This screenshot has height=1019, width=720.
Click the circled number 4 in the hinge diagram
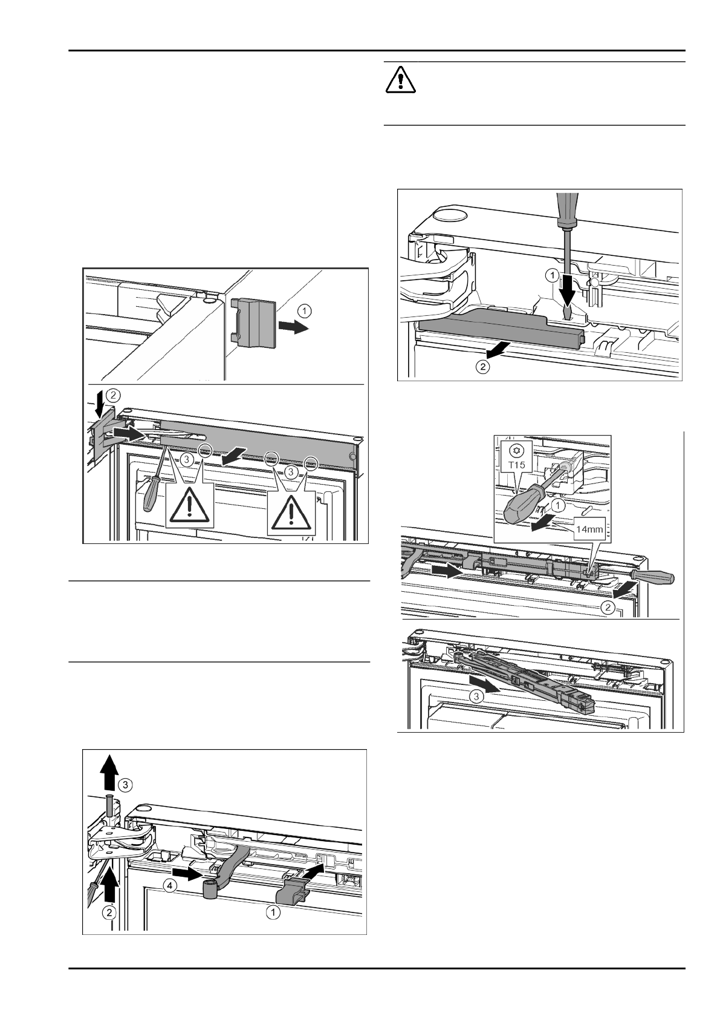point(172,885)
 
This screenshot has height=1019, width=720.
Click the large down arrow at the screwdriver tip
point(567,295)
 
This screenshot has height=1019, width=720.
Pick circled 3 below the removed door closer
point(477,696)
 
